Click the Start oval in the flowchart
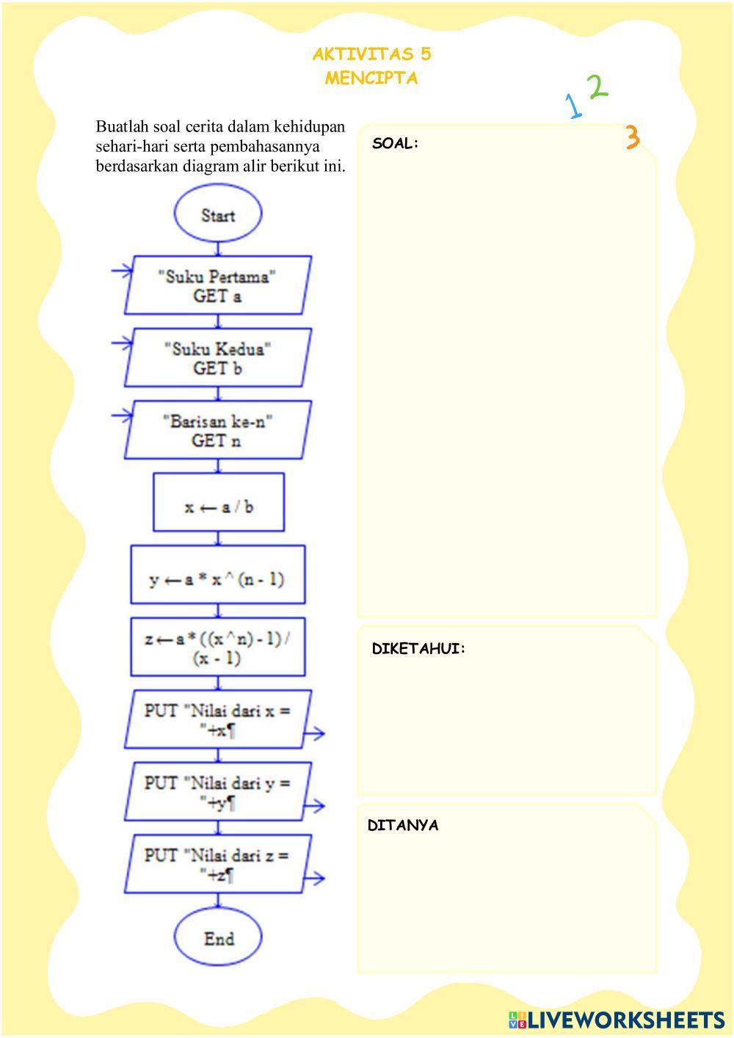[218, 214]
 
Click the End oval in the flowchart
[218, 938]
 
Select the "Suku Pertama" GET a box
[218, 286]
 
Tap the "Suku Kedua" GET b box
[218, 358]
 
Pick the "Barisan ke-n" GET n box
[218, 430]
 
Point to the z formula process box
[218, 647]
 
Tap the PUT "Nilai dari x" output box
[218, 719]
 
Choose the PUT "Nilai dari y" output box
[218, 791]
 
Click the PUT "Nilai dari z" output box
[218, 864]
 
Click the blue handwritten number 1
[573, 106]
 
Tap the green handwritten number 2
[597, 87]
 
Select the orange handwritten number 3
[632, 137]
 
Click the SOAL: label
[395, 144]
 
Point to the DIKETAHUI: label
[418, 649]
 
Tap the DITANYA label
[403, 825]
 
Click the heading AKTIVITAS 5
[371, 54]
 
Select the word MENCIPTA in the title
[371, 79]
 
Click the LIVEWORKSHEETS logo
[617, 1020]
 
